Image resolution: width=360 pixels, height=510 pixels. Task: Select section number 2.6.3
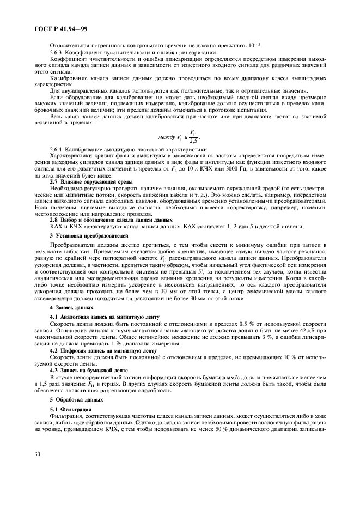pyautogui.click(x=57, y=51)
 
